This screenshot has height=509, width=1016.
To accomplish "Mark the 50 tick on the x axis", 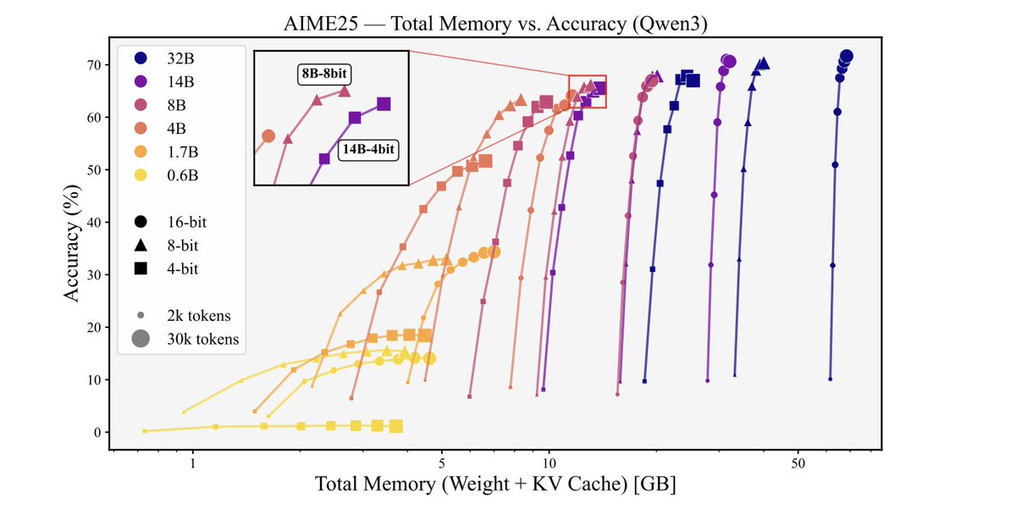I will tap(798, 464).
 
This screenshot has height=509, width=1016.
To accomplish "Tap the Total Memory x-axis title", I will tap(495, 486).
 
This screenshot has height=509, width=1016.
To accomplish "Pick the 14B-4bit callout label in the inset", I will tap(369, 150).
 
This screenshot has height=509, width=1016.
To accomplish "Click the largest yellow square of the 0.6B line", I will tap(395, 427).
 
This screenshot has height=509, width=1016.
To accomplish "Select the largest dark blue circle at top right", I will tap(846, 56).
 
